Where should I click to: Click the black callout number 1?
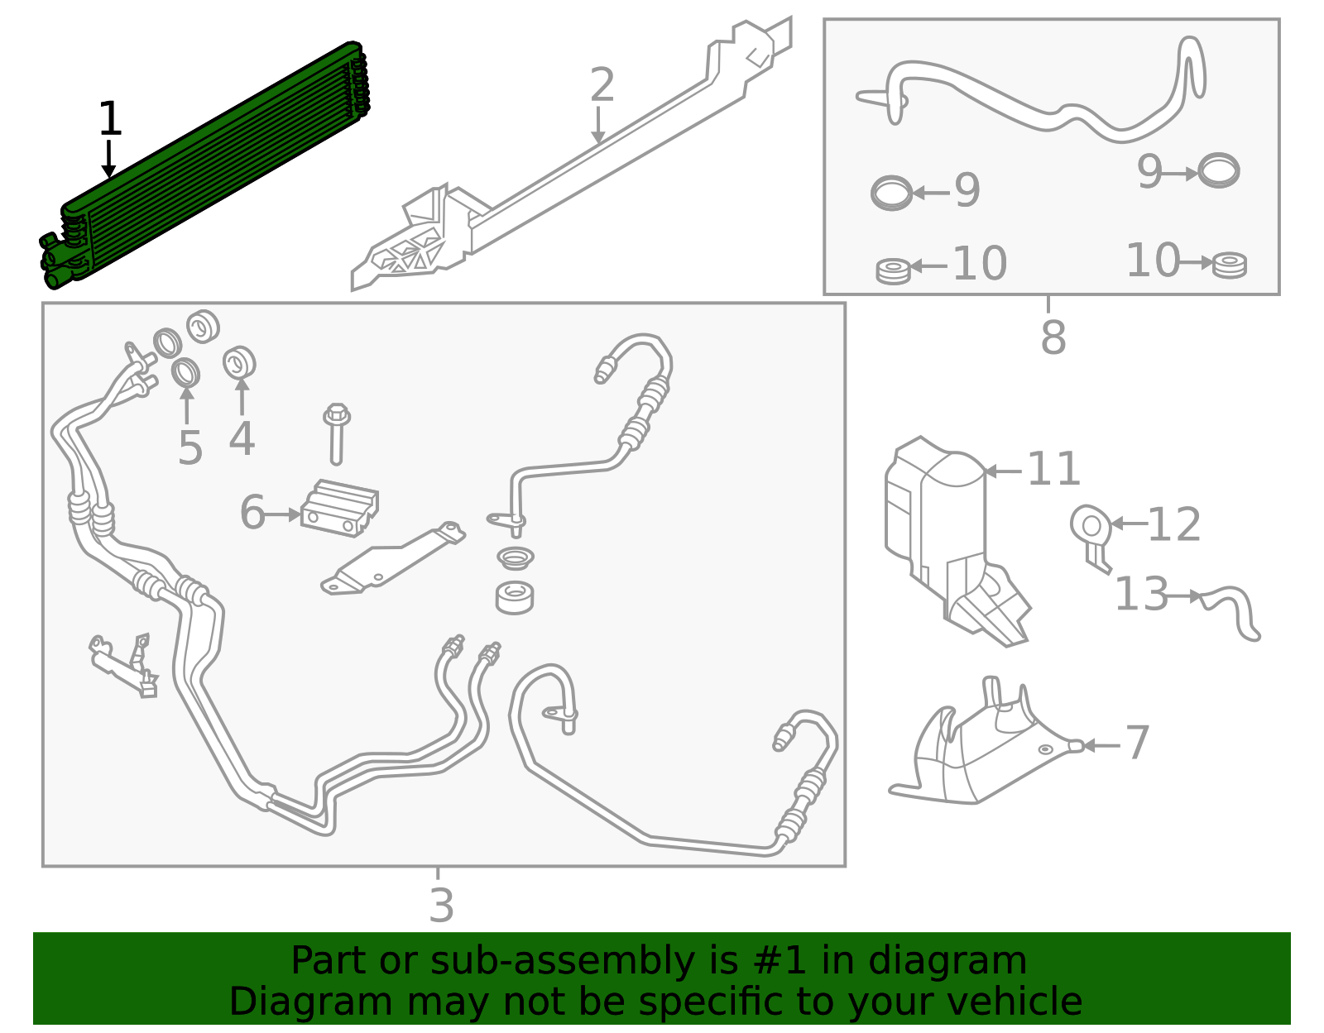pos(109,119)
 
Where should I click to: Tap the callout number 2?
pos(602,86)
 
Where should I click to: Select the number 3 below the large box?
pos(441,905)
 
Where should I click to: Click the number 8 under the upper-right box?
pos(1053,337)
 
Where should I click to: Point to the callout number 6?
pos(252,512)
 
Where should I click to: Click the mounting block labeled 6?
pos(339,507)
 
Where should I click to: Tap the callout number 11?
pos(1053,470)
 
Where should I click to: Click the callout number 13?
pos(1141,594)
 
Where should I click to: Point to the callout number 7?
pos(1138,742)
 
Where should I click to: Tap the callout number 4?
pos(242,438)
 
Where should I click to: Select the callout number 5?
pos(189,447)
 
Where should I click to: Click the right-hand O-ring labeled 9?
pos(1219,171)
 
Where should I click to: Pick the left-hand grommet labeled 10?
pos(893,270)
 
